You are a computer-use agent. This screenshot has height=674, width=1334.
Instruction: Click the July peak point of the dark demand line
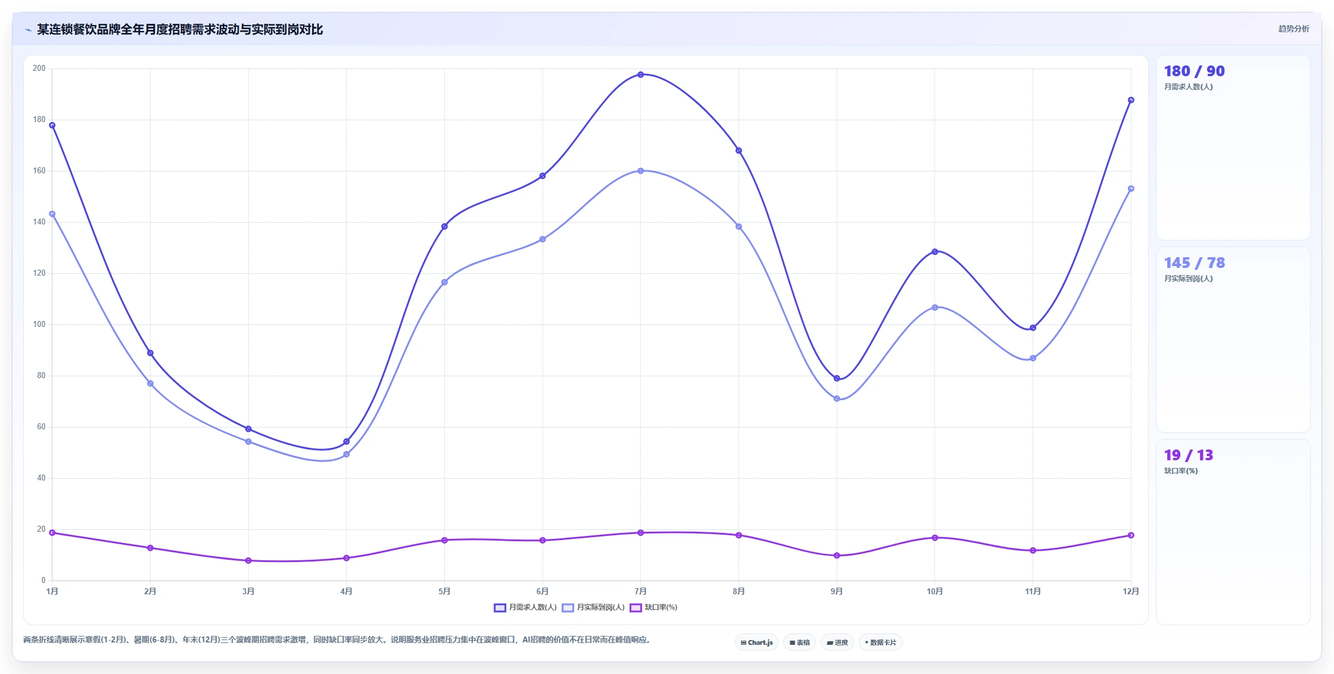tap(641, 74)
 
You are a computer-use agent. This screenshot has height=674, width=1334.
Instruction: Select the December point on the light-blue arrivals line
tap(1131, 189)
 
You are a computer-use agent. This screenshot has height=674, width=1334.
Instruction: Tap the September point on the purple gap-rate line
tap(837, 556)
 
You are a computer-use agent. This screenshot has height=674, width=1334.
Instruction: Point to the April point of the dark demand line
tap(347, 441)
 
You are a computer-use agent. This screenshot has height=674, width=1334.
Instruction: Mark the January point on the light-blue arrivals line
tap(52, 214)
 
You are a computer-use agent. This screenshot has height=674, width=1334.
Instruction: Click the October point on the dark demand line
tap(935, 252)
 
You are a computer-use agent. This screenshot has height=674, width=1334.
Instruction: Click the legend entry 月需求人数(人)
tap(525, 607)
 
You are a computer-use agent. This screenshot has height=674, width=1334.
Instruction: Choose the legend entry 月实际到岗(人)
tap(593, 607)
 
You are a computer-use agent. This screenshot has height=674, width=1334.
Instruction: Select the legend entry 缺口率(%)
tap(653, 607)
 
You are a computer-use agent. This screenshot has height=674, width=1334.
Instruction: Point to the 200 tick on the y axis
tap(39, 68)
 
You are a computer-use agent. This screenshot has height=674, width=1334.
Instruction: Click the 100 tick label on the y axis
tap(39, 324)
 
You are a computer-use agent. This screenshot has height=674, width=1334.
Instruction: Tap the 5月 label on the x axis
tap(444, 591)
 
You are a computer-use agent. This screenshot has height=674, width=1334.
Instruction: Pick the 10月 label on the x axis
tap(935, 591)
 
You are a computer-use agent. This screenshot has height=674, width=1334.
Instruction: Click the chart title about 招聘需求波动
tap(180, 30)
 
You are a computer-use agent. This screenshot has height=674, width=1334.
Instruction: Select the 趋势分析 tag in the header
tap(1294, 29)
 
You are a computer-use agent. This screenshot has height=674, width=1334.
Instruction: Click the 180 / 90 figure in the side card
tap(1194, 71)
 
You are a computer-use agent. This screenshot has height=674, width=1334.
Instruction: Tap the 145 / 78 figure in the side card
tap(1194, 263)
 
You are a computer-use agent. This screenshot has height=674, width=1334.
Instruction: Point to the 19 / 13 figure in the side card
tap(1188, 455)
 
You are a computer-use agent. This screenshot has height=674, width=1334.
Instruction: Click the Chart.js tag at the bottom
tap(757, 642)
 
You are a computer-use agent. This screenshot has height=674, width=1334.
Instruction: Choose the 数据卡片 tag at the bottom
tap(881, 642)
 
